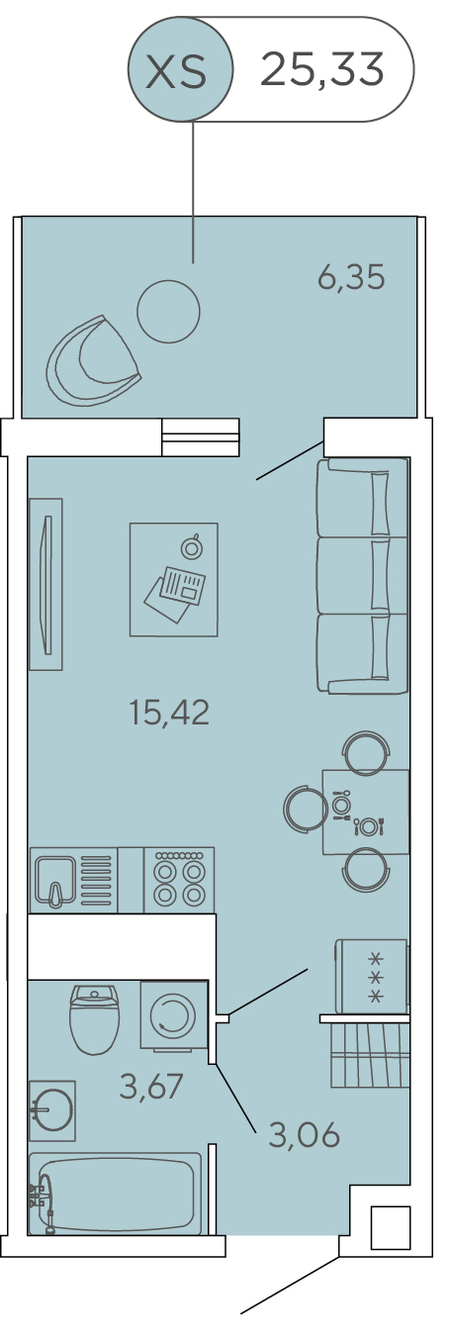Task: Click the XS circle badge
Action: click(180, 69)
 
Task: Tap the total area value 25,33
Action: click(321, 69)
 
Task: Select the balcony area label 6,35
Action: click(350, 277)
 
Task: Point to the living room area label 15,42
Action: click(169, 713)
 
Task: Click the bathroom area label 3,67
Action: click(151, 1087)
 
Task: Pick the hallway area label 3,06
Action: click(304, 1134)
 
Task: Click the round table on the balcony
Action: click(168, 312)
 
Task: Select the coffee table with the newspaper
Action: click(174, 579)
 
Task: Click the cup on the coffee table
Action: click(192, 546)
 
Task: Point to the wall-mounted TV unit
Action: click(45, 584)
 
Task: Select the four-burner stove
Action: click(179, 880)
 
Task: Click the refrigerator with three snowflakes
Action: click(372, 976)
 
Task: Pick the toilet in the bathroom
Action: click(94, 1019)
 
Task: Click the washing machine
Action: click(174, 1015)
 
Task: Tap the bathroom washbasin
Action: click(52, 1110)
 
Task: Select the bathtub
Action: click(115, 1185)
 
